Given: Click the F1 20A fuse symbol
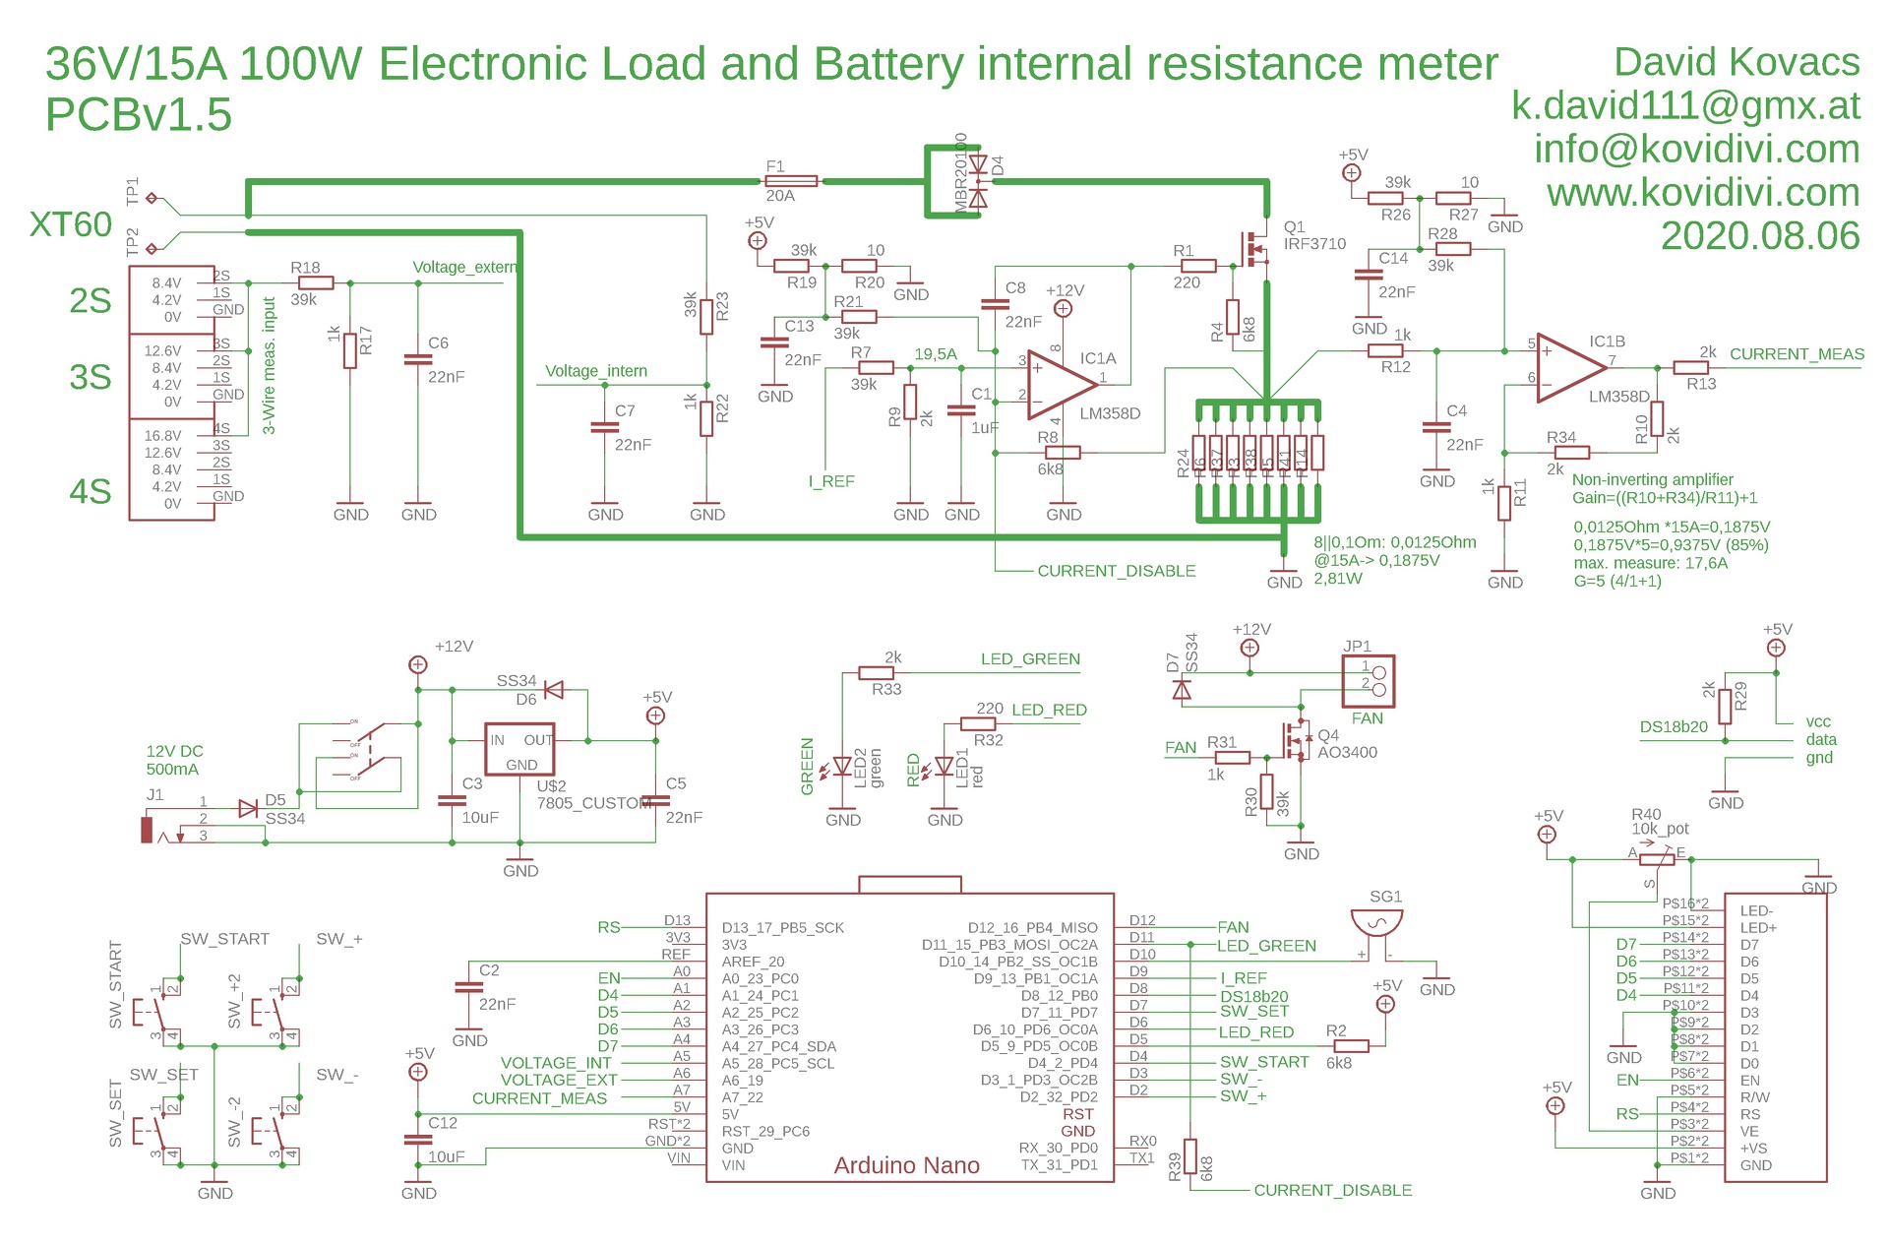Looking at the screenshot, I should [791, 181].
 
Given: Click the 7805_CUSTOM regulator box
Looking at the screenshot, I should [519, 750].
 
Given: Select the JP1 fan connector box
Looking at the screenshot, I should [1369, 681].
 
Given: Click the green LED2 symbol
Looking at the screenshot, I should [842, 766].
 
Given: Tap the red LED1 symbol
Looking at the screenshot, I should [944, 766].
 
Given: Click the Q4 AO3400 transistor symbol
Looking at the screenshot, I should [1297, 740].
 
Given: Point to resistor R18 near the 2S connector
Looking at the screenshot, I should [316, 283].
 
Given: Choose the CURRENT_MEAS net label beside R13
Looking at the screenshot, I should [1797, 354].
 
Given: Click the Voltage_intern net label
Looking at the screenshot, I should [596, 371].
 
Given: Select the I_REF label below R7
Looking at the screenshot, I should [831, 481].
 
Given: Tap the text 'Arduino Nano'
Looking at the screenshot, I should [906, 1165].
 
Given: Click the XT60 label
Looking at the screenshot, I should [71, 224].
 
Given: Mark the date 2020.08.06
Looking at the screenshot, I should [1760, 236].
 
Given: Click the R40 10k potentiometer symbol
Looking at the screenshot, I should [1657, 859].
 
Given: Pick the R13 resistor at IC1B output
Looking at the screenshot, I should [1691, 367].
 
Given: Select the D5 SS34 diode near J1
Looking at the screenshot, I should [249, 809].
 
